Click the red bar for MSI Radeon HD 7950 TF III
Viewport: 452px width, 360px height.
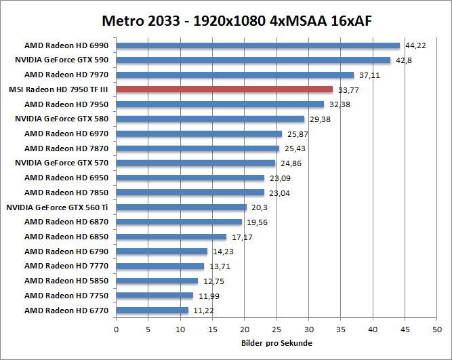(224, 89)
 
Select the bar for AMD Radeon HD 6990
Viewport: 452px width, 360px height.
(258, 45)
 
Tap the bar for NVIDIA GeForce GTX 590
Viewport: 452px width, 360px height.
(253, 60)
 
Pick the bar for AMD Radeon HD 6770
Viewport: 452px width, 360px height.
(152, 311)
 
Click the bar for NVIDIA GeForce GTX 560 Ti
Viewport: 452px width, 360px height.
(182, 207)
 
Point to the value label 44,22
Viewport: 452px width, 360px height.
(415, 46)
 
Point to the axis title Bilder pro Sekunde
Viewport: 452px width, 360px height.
(276, 343)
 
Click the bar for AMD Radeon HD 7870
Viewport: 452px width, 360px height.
(198, 148)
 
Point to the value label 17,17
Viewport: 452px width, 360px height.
(242, 237)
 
